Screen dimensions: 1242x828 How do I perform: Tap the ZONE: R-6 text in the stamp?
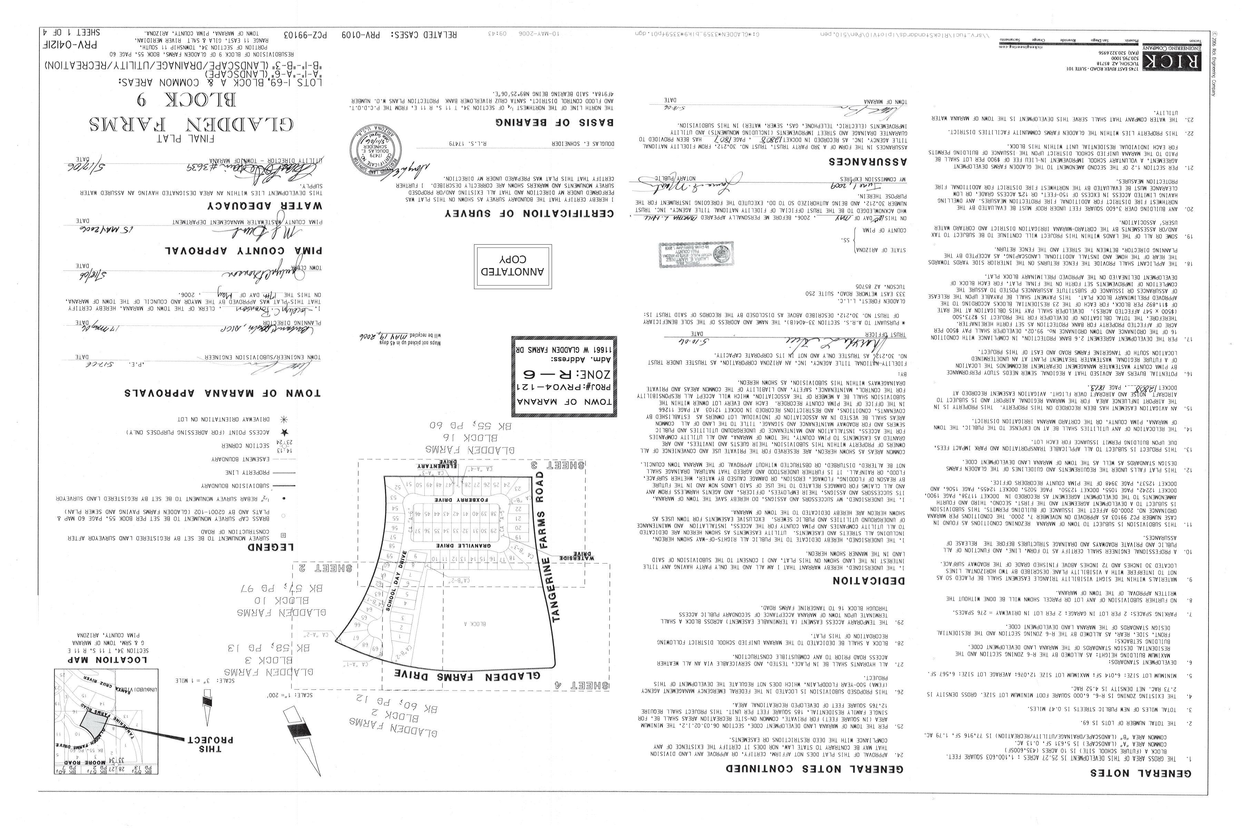[553, 389]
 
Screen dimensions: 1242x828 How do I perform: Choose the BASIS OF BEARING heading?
[554, 122]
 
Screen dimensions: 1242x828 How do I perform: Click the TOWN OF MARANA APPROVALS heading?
[222, 393]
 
